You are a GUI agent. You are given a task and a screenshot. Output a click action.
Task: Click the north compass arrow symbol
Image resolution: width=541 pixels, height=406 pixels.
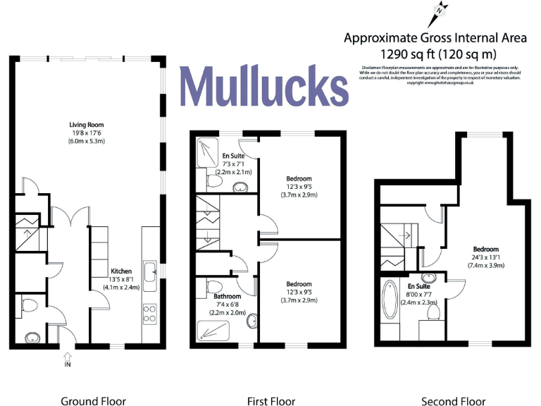coord(439,11)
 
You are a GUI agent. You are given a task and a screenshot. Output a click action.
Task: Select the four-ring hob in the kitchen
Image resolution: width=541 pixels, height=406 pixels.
coord(150,313)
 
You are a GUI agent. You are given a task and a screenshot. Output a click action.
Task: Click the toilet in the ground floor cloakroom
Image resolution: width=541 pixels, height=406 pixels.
coord(29,306)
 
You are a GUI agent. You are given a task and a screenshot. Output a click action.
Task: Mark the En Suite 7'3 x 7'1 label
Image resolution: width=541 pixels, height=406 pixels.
coord(237,164)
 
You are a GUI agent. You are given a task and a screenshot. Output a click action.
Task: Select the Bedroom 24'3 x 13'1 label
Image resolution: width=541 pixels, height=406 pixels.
coord(485,257)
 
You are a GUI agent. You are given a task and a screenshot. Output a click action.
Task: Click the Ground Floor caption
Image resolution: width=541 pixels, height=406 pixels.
coord(88,401)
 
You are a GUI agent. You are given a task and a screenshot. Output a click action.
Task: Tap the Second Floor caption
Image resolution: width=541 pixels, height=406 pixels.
coord(453,401)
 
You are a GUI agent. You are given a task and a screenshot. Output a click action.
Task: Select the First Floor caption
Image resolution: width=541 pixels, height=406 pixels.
coord(271,401)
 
